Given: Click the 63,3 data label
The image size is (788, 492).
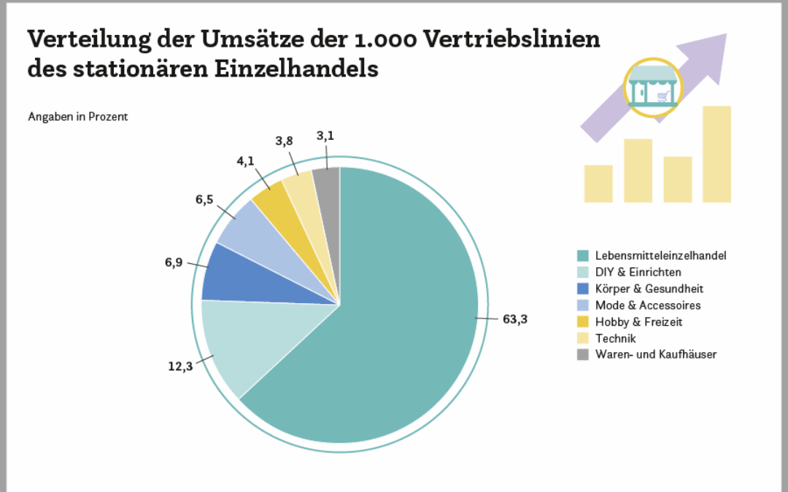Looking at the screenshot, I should tap(514, 319).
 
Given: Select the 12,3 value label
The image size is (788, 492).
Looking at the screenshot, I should tap(180, 365).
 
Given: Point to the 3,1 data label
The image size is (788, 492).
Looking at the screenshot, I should tap(326, 136).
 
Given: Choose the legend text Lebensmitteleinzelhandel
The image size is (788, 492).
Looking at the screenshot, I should tap(660, 256).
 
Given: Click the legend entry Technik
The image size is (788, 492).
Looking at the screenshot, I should tap(615, 338).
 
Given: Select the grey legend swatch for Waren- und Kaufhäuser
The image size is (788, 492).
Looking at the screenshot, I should tap(582, 354).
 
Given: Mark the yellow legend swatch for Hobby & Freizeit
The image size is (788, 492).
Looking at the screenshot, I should tap(582, 321).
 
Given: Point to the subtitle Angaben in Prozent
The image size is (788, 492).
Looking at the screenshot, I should tap(78, 117).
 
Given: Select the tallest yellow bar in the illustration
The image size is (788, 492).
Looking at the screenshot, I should tap(716, 154).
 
